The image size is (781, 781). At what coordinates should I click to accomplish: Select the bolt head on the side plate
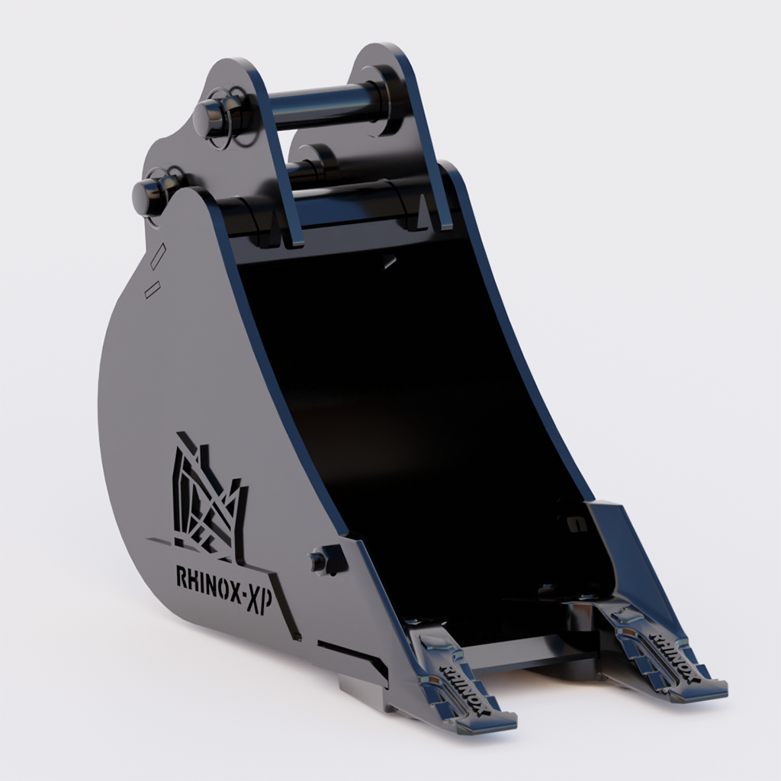click(319, 561)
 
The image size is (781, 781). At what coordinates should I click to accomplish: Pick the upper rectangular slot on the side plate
click(158, 256)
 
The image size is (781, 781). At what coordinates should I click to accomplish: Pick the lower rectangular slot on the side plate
click(152, 288)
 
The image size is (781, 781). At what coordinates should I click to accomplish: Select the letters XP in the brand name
click(262, 588)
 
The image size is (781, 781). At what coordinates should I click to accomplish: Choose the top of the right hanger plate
click(389, 57)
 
